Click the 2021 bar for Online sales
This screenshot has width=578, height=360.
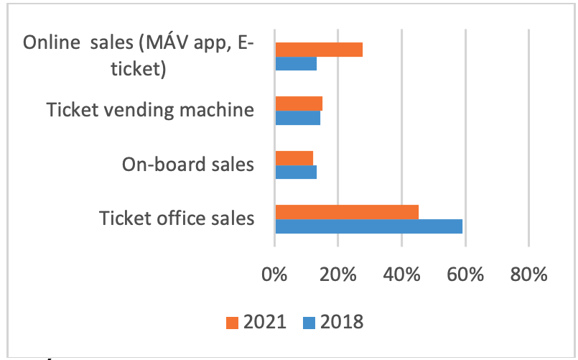pos(319,50)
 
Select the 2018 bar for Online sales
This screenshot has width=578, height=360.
pos(296,63)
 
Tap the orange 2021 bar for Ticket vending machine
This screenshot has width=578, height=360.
pos(299,103)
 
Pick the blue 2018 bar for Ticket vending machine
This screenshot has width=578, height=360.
pos(297,117)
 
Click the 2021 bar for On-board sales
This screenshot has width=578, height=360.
pos(294,158)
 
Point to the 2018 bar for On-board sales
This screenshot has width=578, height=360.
pos(296,172)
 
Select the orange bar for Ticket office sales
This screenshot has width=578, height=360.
pos(347,212)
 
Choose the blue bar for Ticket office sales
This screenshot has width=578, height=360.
pos(368,226)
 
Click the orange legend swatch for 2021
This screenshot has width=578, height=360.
pos(231,321)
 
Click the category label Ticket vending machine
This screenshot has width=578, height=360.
pos(150,110)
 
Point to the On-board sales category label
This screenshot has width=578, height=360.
pos(188,165)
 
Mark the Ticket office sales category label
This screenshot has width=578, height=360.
pos(177,218)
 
